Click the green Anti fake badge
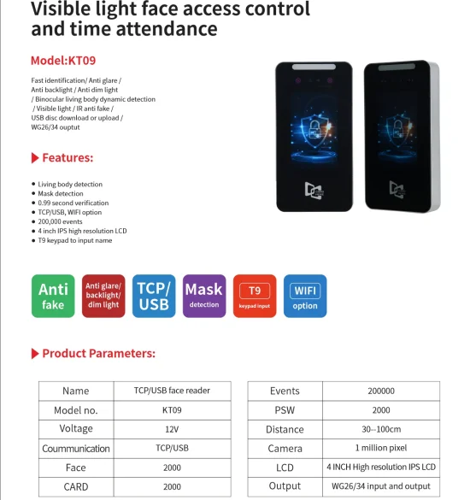53,297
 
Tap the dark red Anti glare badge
103,297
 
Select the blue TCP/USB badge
154,297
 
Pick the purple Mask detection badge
204,297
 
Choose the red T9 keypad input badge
255,297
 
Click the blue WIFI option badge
305,297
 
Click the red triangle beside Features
35,158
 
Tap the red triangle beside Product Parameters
35,353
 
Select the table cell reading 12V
172,428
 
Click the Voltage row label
76,428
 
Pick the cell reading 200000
380,391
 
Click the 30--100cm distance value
380,429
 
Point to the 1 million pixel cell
380,448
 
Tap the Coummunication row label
76,448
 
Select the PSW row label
285,409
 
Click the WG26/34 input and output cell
380,486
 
